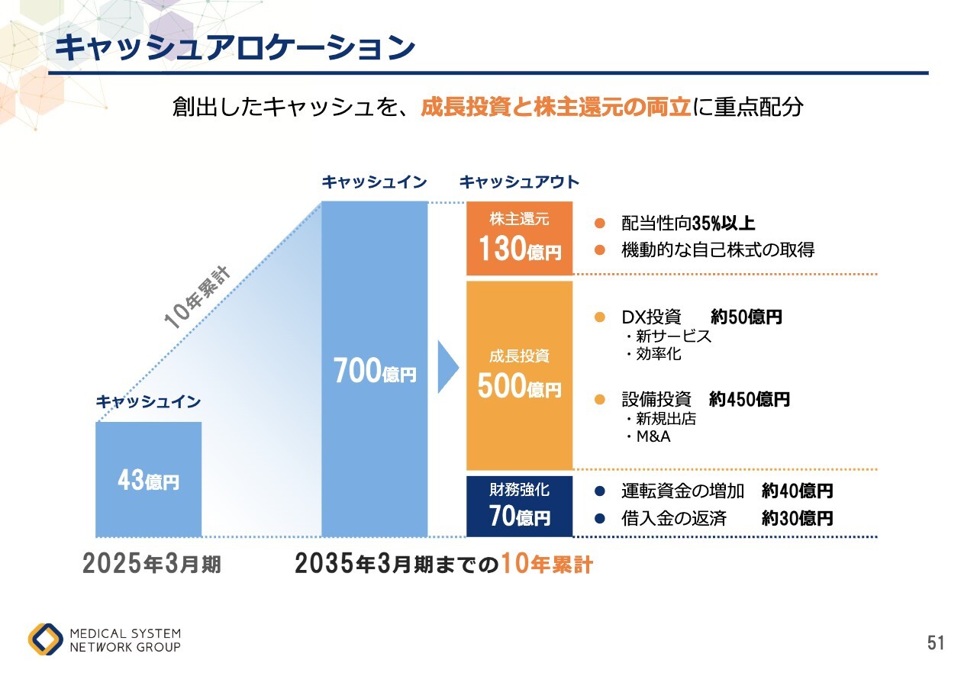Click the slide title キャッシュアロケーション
pos(235,47)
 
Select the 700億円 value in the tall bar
pos(375,372)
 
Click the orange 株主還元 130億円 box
pos(520,238)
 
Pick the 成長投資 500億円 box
pos(520,375)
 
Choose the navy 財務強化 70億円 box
pos(520,506)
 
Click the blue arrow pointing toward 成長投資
pos(447,367)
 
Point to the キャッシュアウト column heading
pos(519,182)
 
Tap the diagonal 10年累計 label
pos(198,298)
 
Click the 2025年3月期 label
pos(152,565)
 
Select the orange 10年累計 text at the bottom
pos(547,565)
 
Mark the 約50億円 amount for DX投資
pos(746,317)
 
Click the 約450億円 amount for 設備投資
pos(749,399)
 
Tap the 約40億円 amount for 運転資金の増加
pos(797,491)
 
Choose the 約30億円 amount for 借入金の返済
pos(797,519)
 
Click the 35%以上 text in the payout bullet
pos(724,224)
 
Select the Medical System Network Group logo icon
pos(46,640)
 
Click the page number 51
pos(936,643)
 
